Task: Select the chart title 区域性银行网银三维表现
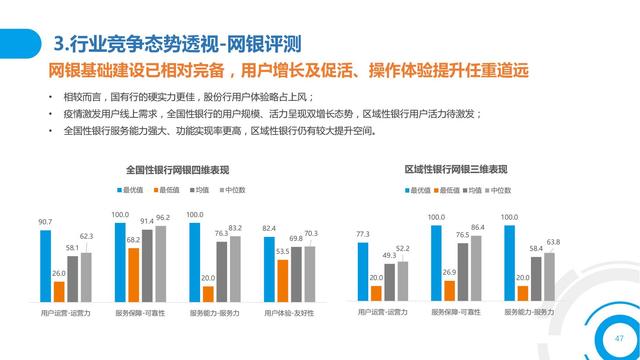tap(455, 169)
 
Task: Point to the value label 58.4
tap(536, 247)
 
